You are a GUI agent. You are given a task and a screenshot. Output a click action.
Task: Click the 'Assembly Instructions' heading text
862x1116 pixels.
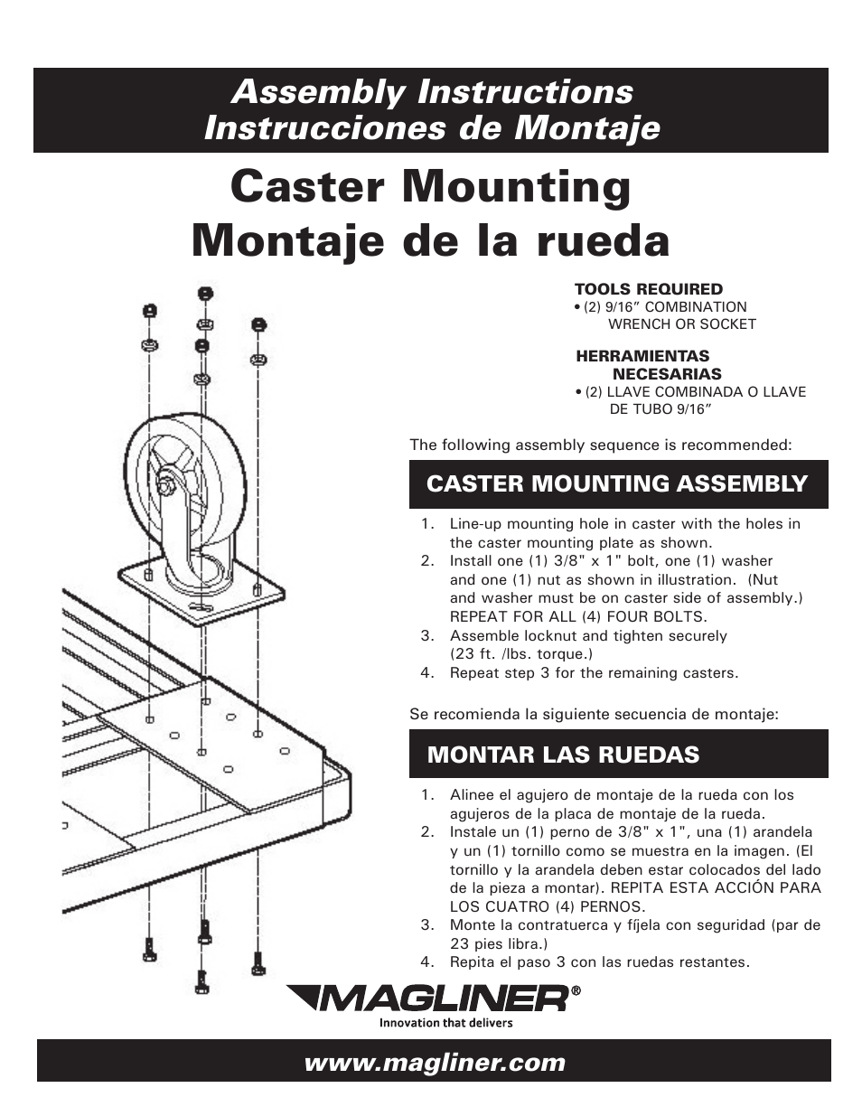(x=431, y=91)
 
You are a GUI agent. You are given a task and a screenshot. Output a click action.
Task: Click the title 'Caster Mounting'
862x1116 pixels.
(x=430, y=188)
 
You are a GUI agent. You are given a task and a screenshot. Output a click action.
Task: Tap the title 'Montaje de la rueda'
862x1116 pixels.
(x=430, y=240)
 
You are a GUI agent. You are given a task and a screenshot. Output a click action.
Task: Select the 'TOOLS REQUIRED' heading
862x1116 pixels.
(x=648, y=289)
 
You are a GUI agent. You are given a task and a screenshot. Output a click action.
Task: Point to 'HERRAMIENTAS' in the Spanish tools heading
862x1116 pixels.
(x=642, y=356)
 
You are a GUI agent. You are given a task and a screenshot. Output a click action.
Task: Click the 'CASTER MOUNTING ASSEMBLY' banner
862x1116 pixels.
(x=617, y=483)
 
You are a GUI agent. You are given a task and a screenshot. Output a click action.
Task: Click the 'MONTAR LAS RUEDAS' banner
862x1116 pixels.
(x=563, y=755)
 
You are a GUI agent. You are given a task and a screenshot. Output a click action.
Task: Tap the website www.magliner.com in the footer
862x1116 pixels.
(x=434, y=1063)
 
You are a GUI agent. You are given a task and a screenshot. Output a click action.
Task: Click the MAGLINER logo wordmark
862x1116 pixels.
(x=430, y=999)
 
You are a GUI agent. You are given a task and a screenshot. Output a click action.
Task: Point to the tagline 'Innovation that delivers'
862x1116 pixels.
(x=445, y=1023)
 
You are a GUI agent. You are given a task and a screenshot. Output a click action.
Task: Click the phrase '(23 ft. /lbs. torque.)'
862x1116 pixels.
(x=521, y=654)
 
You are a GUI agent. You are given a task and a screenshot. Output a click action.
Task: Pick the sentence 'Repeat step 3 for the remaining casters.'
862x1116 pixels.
(x=594, y=673)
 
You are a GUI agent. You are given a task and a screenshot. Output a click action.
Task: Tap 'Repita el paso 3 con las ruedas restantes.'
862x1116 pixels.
(x=599, y=962)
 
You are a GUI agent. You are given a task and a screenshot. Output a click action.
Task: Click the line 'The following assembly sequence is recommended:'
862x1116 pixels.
(x=600, y=445)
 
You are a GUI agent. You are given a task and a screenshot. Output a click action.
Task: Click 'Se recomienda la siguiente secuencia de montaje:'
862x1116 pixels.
(x=594, y=714)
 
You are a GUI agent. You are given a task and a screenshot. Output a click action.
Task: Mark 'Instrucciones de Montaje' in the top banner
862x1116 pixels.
(x=431, y=128)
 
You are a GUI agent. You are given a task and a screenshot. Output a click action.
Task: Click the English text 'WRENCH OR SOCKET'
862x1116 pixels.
(x=681, y=324)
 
